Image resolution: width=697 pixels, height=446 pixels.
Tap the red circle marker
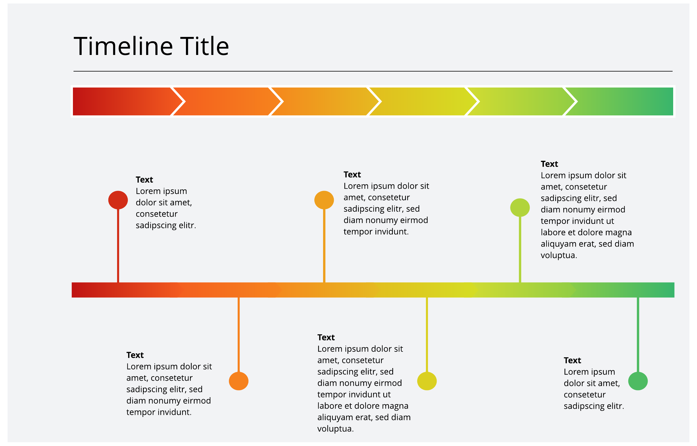118,200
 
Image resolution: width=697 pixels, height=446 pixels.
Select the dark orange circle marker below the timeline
239,381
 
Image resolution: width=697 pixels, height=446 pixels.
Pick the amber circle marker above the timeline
324,200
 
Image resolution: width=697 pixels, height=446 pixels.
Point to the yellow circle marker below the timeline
427,381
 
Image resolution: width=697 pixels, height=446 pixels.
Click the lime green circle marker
520,208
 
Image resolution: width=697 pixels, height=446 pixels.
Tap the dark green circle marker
638,381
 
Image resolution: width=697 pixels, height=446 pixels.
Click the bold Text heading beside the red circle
144,180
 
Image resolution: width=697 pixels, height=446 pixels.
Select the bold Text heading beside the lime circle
549,164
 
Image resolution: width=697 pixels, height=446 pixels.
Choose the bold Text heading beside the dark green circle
572,361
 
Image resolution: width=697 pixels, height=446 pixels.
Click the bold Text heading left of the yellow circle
326,337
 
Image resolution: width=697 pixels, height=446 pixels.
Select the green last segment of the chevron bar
622,101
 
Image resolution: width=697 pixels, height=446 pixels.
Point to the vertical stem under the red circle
118,246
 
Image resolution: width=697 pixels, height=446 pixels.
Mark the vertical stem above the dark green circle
638,335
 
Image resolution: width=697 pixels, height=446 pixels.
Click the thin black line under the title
373,71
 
